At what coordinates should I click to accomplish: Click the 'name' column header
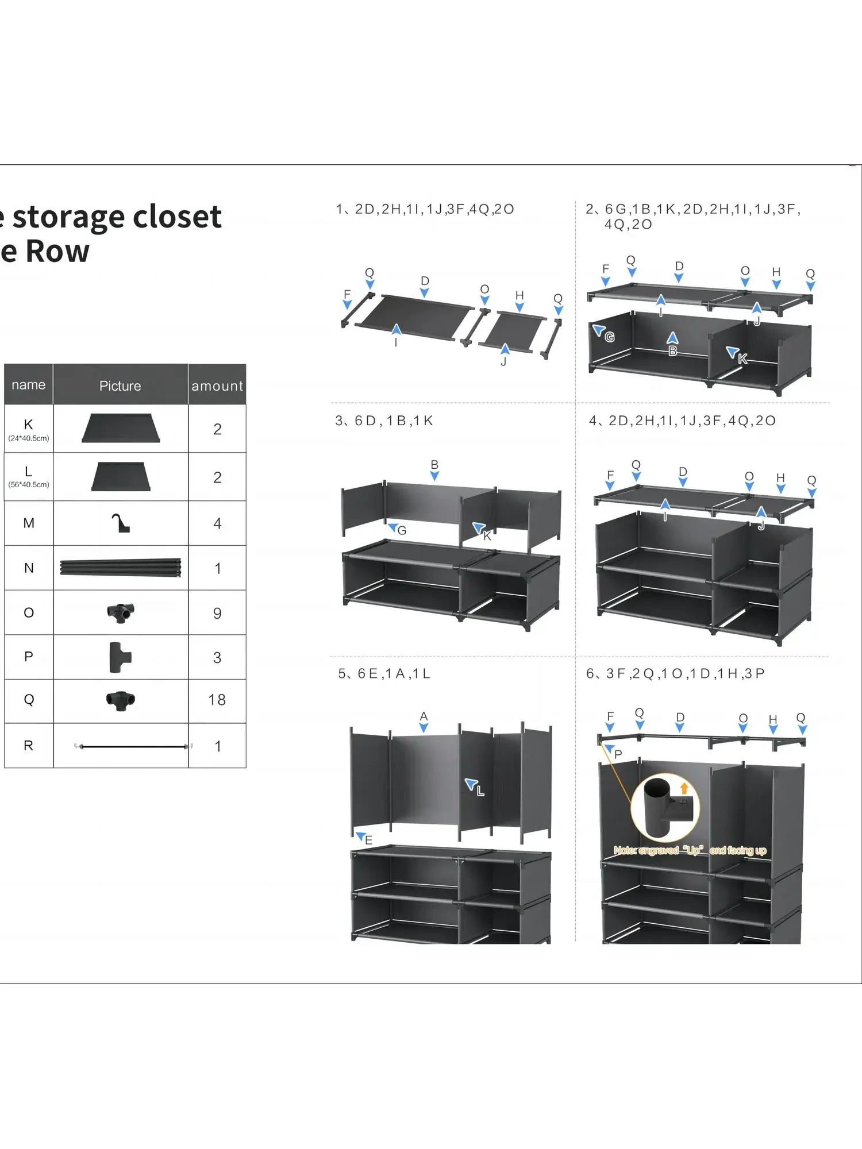click(28, 385)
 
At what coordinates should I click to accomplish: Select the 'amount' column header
click(217, 386)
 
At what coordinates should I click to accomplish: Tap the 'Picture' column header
click(120, 386)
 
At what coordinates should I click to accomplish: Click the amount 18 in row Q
click(217, 700)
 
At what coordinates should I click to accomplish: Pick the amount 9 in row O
click(217, 613)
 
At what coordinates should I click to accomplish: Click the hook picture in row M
click(120, 523)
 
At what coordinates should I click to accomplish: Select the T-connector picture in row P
click(120, 657)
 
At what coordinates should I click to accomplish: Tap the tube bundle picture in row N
click(120, 568)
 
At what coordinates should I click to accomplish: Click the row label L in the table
click(28, 472)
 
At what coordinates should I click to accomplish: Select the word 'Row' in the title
click(57, 252)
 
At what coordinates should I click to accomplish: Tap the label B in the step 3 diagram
click(434, 464)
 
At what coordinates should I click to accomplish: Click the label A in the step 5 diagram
click(424, 716)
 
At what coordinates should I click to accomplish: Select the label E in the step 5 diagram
click(369, 840)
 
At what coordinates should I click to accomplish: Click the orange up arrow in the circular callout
click(684, 789)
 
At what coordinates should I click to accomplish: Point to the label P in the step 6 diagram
click(618, 754)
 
